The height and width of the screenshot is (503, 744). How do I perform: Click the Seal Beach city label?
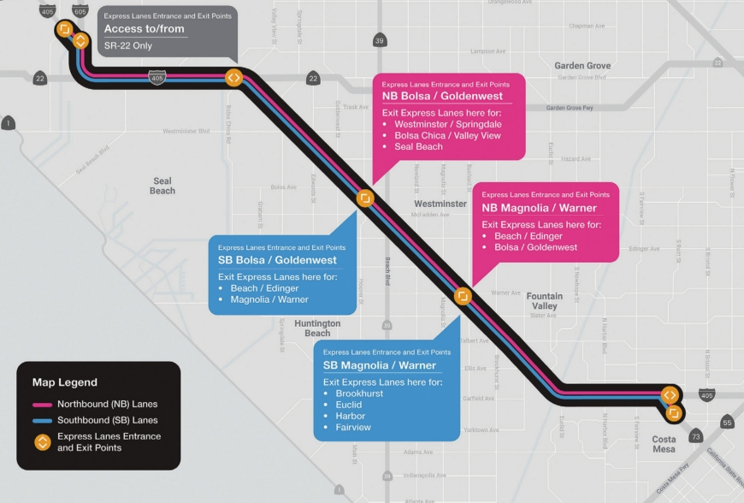click(162, 186)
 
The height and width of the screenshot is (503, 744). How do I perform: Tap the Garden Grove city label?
click(582, 66)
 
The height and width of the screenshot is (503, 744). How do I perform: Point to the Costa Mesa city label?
click(664, 444)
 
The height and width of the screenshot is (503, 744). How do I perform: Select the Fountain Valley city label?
click(545, 301)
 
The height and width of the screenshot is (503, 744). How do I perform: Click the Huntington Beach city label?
click(317, 328)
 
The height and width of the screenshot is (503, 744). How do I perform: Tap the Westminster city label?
click(440, 204)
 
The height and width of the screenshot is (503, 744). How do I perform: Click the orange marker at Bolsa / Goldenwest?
click(365, 198)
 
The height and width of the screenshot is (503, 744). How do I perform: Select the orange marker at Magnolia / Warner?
click(463, 296)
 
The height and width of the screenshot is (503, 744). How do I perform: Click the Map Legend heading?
click(65, 382)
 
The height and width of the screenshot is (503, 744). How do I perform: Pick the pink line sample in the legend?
click(42, 404)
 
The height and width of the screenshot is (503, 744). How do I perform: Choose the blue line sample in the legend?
click(42, 421)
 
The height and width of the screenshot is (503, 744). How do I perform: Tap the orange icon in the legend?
click(42, 442)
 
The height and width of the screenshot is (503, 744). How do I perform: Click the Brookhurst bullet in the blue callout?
click(359, 394)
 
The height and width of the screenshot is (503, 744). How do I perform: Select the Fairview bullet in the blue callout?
click(353, 427)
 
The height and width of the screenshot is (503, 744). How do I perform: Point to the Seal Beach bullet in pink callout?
click(418, 146)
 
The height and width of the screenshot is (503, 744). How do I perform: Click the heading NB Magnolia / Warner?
click(539, 208)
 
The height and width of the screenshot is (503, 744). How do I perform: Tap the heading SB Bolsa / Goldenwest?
click(277, 260)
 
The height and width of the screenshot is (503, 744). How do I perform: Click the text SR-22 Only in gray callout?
click(128, 45)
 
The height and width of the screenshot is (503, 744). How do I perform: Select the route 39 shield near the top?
click(380, 40)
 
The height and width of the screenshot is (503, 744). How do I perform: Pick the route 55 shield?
click(727, 423)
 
